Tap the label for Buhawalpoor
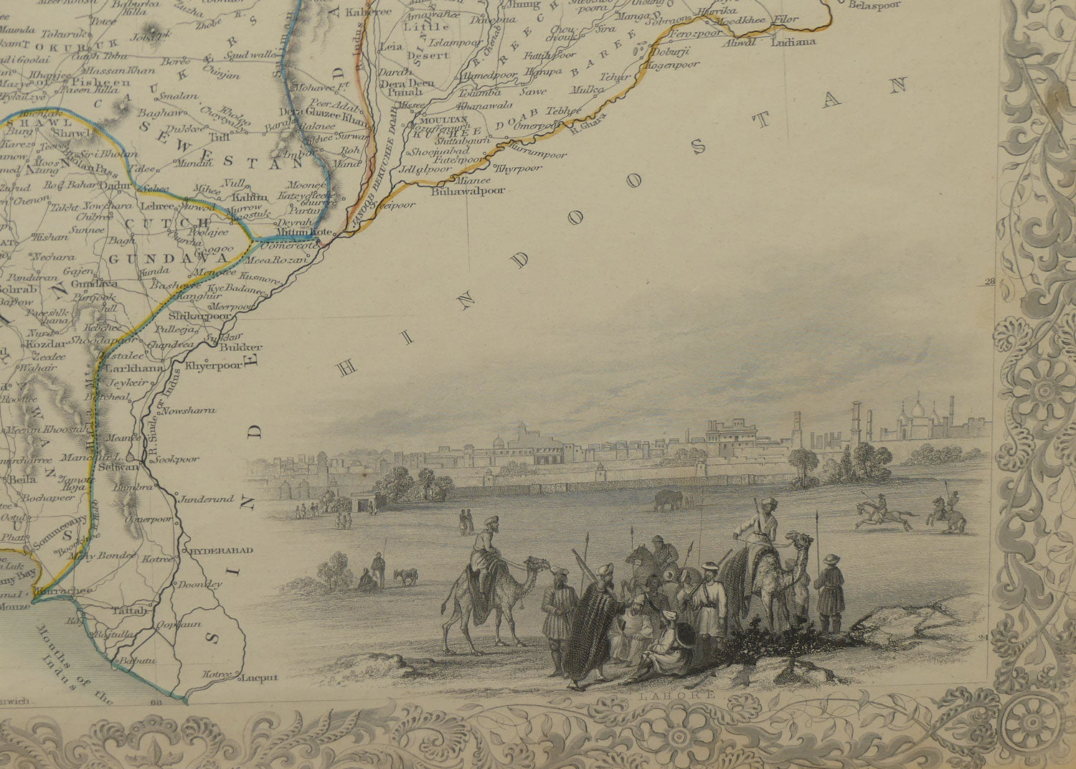(468, 192)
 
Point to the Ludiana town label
(793, 42)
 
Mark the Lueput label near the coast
(259, 676)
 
